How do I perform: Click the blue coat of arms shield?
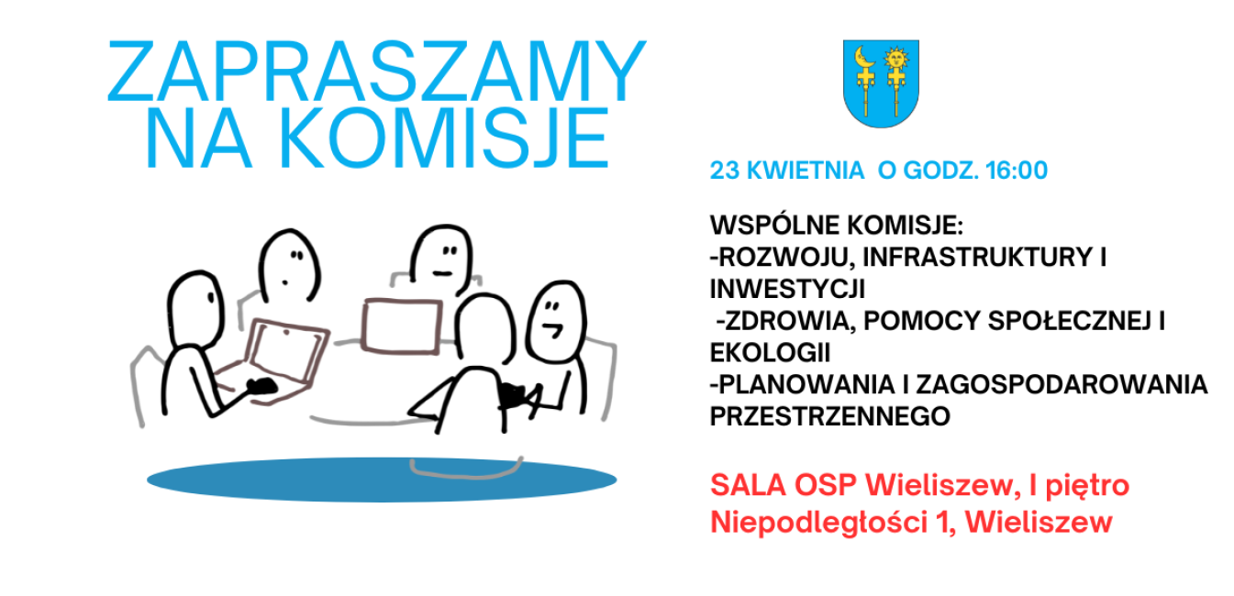click(x=881, y=84)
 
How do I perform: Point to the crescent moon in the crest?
click(x=862, y=59)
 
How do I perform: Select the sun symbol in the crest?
click(x=895, y=59)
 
